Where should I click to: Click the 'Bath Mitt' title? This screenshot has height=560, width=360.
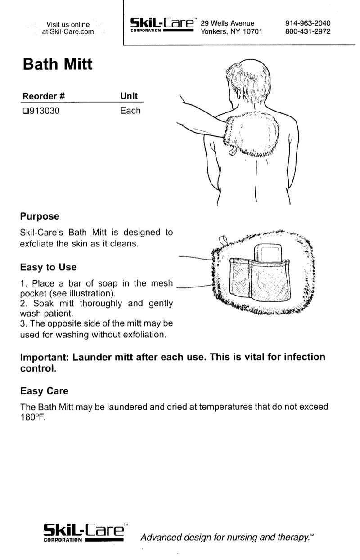pyautogui.click(x=58, y=64)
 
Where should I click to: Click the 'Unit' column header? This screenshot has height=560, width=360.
pyautogui.click(x=129, y=96)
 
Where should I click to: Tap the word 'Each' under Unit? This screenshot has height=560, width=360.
pyautogui.click(x=130, y=111)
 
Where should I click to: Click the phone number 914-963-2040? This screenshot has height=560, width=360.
pyautogui.click(x=308, y=23)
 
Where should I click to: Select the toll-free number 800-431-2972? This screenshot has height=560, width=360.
pyautogui.click(x=308, y=31)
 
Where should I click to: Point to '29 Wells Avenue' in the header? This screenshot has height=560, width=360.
pyautogui.click(x=227, y=23)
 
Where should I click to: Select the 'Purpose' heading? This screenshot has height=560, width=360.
pyautogui.click(x=40, y=216)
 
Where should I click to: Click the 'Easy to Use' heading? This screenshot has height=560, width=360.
pyautogui.click(x=49, y=267)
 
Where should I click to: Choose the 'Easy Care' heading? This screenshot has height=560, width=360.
pyautogui.click(x=45, y=391)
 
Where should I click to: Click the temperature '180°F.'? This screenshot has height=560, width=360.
pyautogui.click(x=33, y=417)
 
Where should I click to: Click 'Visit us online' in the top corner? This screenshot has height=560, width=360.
pyautogui.click(x=68, y=24)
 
